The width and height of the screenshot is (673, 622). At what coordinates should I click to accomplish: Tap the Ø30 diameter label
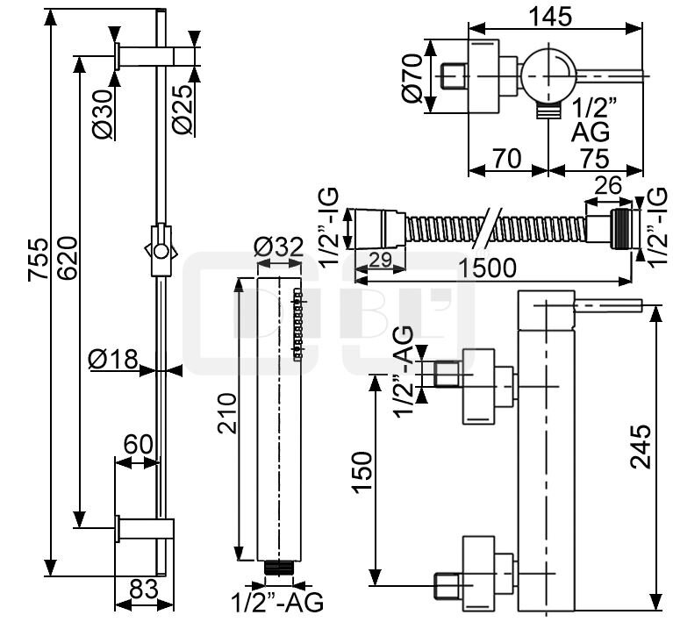(x=103, y=114)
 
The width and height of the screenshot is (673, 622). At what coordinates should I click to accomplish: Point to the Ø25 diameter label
(x=183, y=109)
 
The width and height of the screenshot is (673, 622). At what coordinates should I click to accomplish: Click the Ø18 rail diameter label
(x=113, y=359)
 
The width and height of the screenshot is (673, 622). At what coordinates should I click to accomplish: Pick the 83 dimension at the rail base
(x=143, y=589)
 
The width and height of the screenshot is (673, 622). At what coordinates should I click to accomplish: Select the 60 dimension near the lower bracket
(x=139, y=445)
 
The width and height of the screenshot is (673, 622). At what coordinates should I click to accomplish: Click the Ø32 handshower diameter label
(x=279, y=247)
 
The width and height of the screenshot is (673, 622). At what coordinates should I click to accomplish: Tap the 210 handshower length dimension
(x=227, y=413)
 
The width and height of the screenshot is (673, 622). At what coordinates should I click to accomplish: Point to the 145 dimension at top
(x=551, y=18)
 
